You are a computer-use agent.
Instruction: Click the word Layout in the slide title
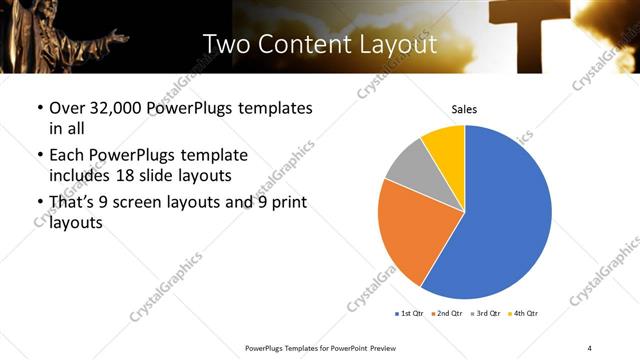click(x=397, y=44)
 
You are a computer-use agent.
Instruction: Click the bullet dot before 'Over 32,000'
click(x=39, y=108)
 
